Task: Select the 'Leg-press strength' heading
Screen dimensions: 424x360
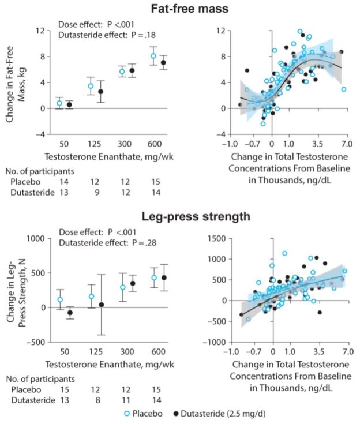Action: click(x=180, y=217)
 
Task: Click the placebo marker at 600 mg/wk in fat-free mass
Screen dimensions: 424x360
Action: click(x=153, y=56)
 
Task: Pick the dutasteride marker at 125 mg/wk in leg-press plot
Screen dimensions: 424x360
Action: click(x=101, y=305)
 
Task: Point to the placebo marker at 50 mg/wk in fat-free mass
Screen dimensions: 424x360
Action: click(x=59, y=103)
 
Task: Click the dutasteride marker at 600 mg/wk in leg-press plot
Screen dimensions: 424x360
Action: click(x=163, y=277)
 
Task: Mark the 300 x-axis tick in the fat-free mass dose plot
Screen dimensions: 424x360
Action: click(x=126, y=142)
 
